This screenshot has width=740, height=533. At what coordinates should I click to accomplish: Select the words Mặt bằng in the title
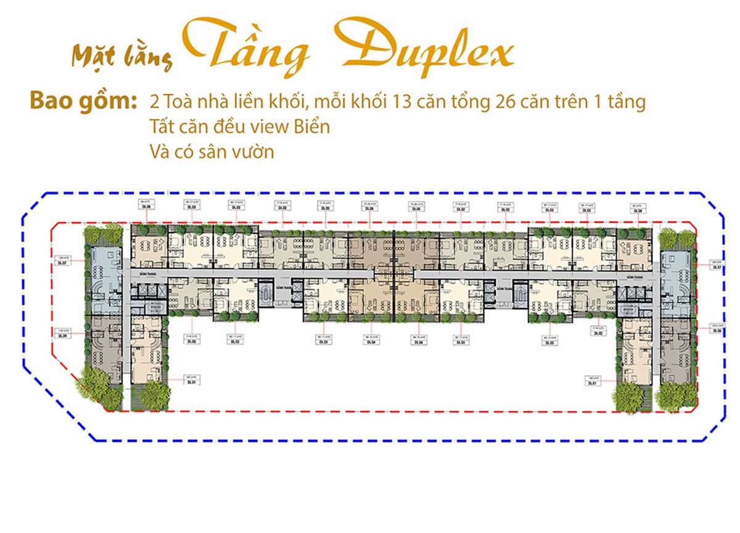tap(122, 57)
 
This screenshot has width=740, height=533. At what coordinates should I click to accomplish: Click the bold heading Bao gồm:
tap(83, 102)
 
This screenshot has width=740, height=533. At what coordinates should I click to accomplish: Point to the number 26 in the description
tap(506, 102)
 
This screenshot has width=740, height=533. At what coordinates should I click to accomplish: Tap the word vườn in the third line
tap(250, 152)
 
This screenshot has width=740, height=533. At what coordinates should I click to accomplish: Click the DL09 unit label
tap(62, 334)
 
